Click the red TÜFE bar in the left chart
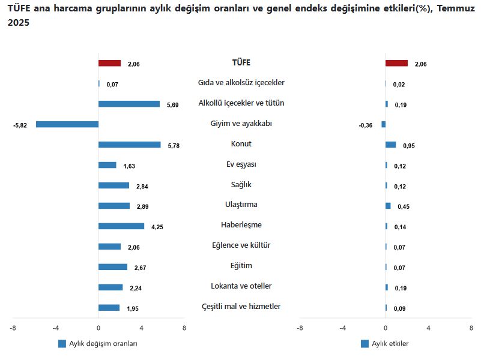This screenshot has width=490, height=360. coord(109,63)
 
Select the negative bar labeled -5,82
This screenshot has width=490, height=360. coord(67,124)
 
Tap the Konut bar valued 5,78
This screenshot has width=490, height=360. coord(129,145)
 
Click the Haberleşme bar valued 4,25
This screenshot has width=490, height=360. coord(121,226)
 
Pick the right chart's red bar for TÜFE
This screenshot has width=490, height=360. coord(396,63)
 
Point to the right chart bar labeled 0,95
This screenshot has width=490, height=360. coord(390,145)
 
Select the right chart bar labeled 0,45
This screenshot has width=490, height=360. coord(388,206)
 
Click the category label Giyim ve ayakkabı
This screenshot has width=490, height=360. coord(241,123)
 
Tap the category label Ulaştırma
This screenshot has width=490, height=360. coord(241,205)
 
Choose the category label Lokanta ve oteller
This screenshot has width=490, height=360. coord(241,286)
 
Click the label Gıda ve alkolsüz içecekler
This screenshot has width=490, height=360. coord(241,82)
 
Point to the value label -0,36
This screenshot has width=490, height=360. coord(365,125)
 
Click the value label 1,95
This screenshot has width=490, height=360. coord(133,309)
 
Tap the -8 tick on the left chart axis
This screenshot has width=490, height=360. coord(13,328)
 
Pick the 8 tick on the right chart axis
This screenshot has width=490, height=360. coord(471,328)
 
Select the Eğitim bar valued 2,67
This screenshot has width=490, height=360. coord(112,267)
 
